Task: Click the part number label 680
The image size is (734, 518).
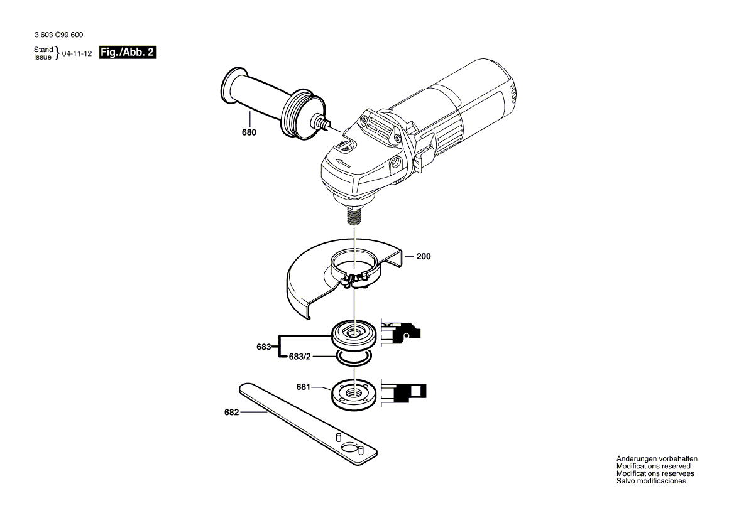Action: (249, 133)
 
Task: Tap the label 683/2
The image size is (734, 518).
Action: (299, 356)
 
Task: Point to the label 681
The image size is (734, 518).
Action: (304, 387)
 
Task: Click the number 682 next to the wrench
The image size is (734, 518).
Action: (232, 413)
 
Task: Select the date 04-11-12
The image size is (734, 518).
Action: (77, 54)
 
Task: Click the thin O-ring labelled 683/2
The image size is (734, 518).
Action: (354, 358)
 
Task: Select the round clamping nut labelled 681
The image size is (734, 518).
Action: (354, 392)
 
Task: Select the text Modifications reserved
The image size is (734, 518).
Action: (654, 467)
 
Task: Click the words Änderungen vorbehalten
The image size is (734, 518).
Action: (657, 459)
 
